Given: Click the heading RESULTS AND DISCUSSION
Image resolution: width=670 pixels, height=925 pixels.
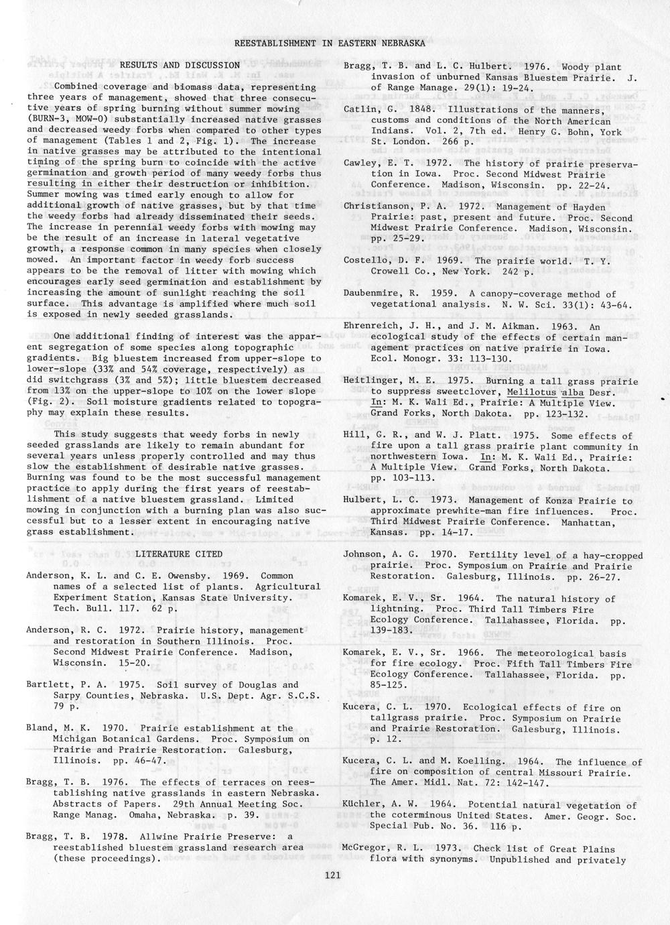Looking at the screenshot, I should tap(180, 65).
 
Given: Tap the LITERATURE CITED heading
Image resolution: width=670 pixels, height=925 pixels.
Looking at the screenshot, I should tap(178, 554).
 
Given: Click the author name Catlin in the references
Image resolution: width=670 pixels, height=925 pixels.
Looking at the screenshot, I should tap(358, 110).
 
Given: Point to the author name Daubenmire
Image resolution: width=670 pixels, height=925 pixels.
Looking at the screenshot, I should tap(370, 294).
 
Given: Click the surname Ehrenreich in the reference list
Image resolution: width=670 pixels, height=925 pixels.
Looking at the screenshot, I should tap(370, 326).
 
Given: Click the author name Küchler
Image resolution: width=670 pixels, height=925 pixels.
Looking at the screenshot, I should tap(362, 805).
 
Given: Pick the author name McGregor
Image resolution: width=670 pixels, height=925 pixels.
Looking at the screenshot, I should tap(364, 849).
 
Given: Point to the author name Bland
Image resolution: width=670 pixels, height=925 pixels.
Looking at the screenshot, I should tap(39, 728).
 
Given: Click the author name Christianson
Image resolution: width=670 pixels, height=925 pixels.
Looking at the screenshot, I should tap(374, 206).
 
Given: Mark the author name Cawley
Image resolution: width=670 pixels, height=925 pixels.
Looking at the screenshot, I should tap(360, 164).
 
